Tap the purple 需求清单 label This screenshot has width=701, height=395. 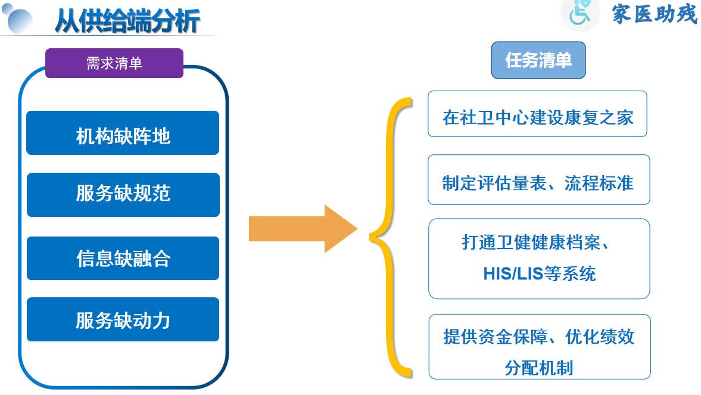114,63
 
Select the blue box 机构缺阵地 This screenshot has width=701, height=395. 123,136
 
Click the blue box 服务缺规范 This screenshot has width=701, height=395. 123,194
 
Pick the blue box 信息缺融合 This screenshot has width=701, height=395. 123,258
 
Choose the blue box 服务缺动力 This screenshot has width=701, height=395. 123,320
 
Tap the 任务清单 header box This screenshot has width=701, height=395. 538,60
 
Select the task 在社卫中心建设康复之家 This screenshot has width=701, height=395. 537,116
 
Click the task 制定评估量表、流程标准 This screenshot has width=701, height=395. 538,181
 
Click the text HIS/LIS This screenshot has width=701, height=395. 510,273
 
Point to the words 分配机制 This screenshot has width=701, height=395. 539,367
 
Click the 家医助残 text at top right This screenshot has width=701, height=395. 654,13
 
